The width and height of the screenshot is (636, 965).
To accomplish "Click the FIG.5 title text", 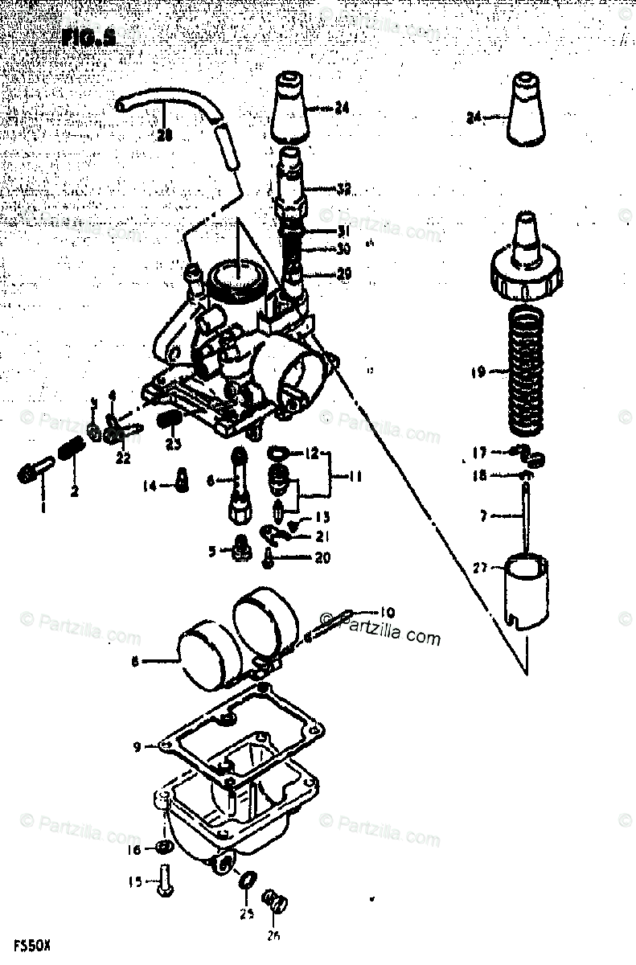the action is coord(88,37).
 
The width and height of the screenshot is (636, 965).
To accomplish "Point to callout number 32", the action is coord(343,191).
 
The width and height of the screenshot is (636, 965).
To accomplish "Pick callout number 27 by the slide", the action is coord(480,567).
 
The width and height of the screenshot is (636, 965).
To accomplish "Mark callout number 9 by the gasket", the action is coord(137,747).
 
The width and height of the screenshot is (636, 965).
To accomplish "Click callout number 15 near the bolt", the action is coord(135,882).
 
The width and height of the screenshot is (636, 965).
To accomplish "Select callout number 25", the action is coord(247,914).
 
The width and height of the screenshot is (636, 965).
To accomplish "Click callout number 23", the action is coord(174,443).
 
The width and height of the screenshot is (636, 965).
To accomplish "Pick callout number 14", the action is coord(150,486).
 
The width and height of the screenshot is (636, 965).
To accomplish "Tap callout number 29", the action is coord(343,274).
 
